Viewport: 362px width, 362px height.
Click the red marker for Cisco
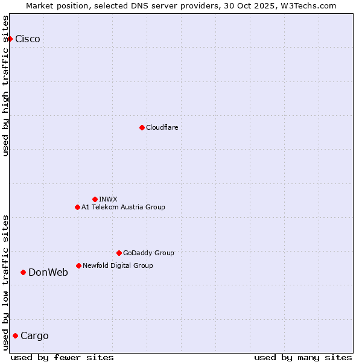(10, 39)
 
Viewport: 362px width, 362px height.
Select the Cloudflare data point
(142, 127)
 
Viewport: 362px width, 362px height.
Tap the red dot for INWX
(95, 199)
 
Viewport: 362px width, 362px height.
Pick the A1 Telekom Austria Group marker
(77, 207)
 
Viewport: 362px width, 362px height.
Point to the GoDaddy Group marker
(119, 253)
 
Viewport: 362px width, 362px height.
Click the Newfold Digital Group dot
(78, 265)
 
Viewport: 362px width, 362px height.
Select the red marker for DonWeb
(23, 272)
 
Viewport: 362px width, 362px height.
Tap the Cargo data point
(15, 335)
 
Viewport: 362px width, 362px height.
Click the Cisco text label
(28, 39)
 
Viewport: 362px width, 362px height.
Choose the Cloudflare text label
(162, 127)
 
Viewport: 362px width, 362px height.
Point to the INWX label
(108, 199)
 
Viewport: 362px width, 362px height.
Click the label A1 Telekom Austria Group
(123, 207)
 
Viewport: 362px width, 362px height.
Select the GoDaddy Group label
(148, 253)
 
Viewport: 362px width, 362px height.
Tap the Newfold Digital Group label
(118, 265)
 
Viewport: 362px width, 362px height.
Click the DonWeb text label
(48, 272)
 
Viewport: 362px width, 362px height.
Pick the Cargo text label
(34, 335)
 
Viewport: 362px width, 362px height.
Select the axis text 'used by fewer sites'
(62, 357)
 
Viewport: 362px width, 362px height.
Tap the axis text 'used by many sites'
(303, 357)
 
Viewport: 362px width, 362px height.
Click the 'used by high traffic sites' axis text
(6, 86)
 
